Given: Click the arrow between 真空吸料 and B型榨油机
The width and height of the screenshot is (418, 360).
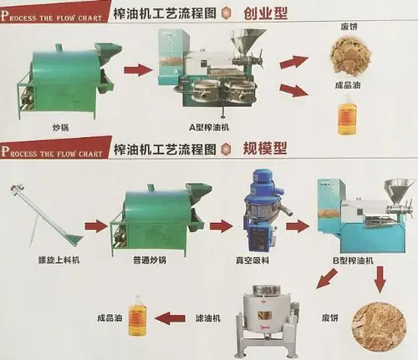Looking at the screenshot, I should tap(298, 226).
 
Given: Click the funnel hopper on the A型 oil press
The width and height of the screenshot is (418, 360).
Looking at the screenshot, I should tap(248, 40).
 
